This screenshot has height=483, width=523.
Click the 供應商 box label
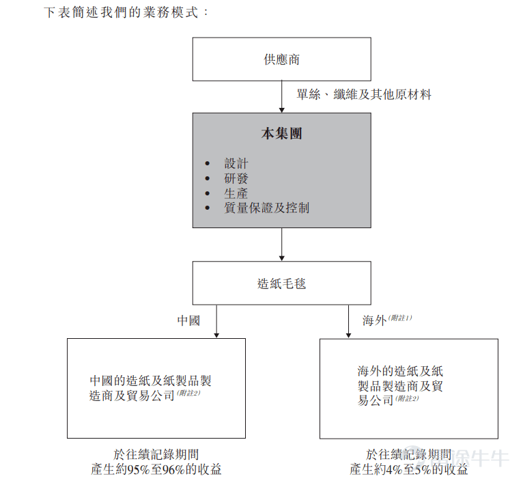click(x=281, y=59)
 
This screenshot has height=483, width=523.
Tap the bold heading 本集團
click(x=281, y=133)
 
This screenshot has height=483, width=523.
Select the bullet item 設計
click(x=236, y=164)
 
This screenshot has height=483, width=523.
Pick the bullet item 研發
click(x=236, y=178)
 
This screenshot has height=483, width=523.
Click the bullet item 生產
click(x=236, y=193)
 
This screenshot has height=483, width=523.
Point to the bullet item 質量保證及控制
click(x=266, y=208)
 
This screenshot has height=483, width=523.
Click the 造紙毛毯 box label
click(x=281, y=283)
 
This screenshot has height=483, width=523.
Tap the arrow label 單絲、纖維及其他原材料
click(x=364, y=95)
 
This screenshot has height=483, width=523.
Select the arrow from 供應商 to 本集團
click(x=281, y=96)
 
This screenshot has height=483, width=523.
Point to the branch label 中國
click(x=188, y=320)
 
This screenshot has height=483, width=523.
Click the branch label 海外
click(x=374, y=320)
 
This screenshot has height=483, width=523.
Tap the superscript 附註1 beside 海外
click(x=400, y=318)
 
